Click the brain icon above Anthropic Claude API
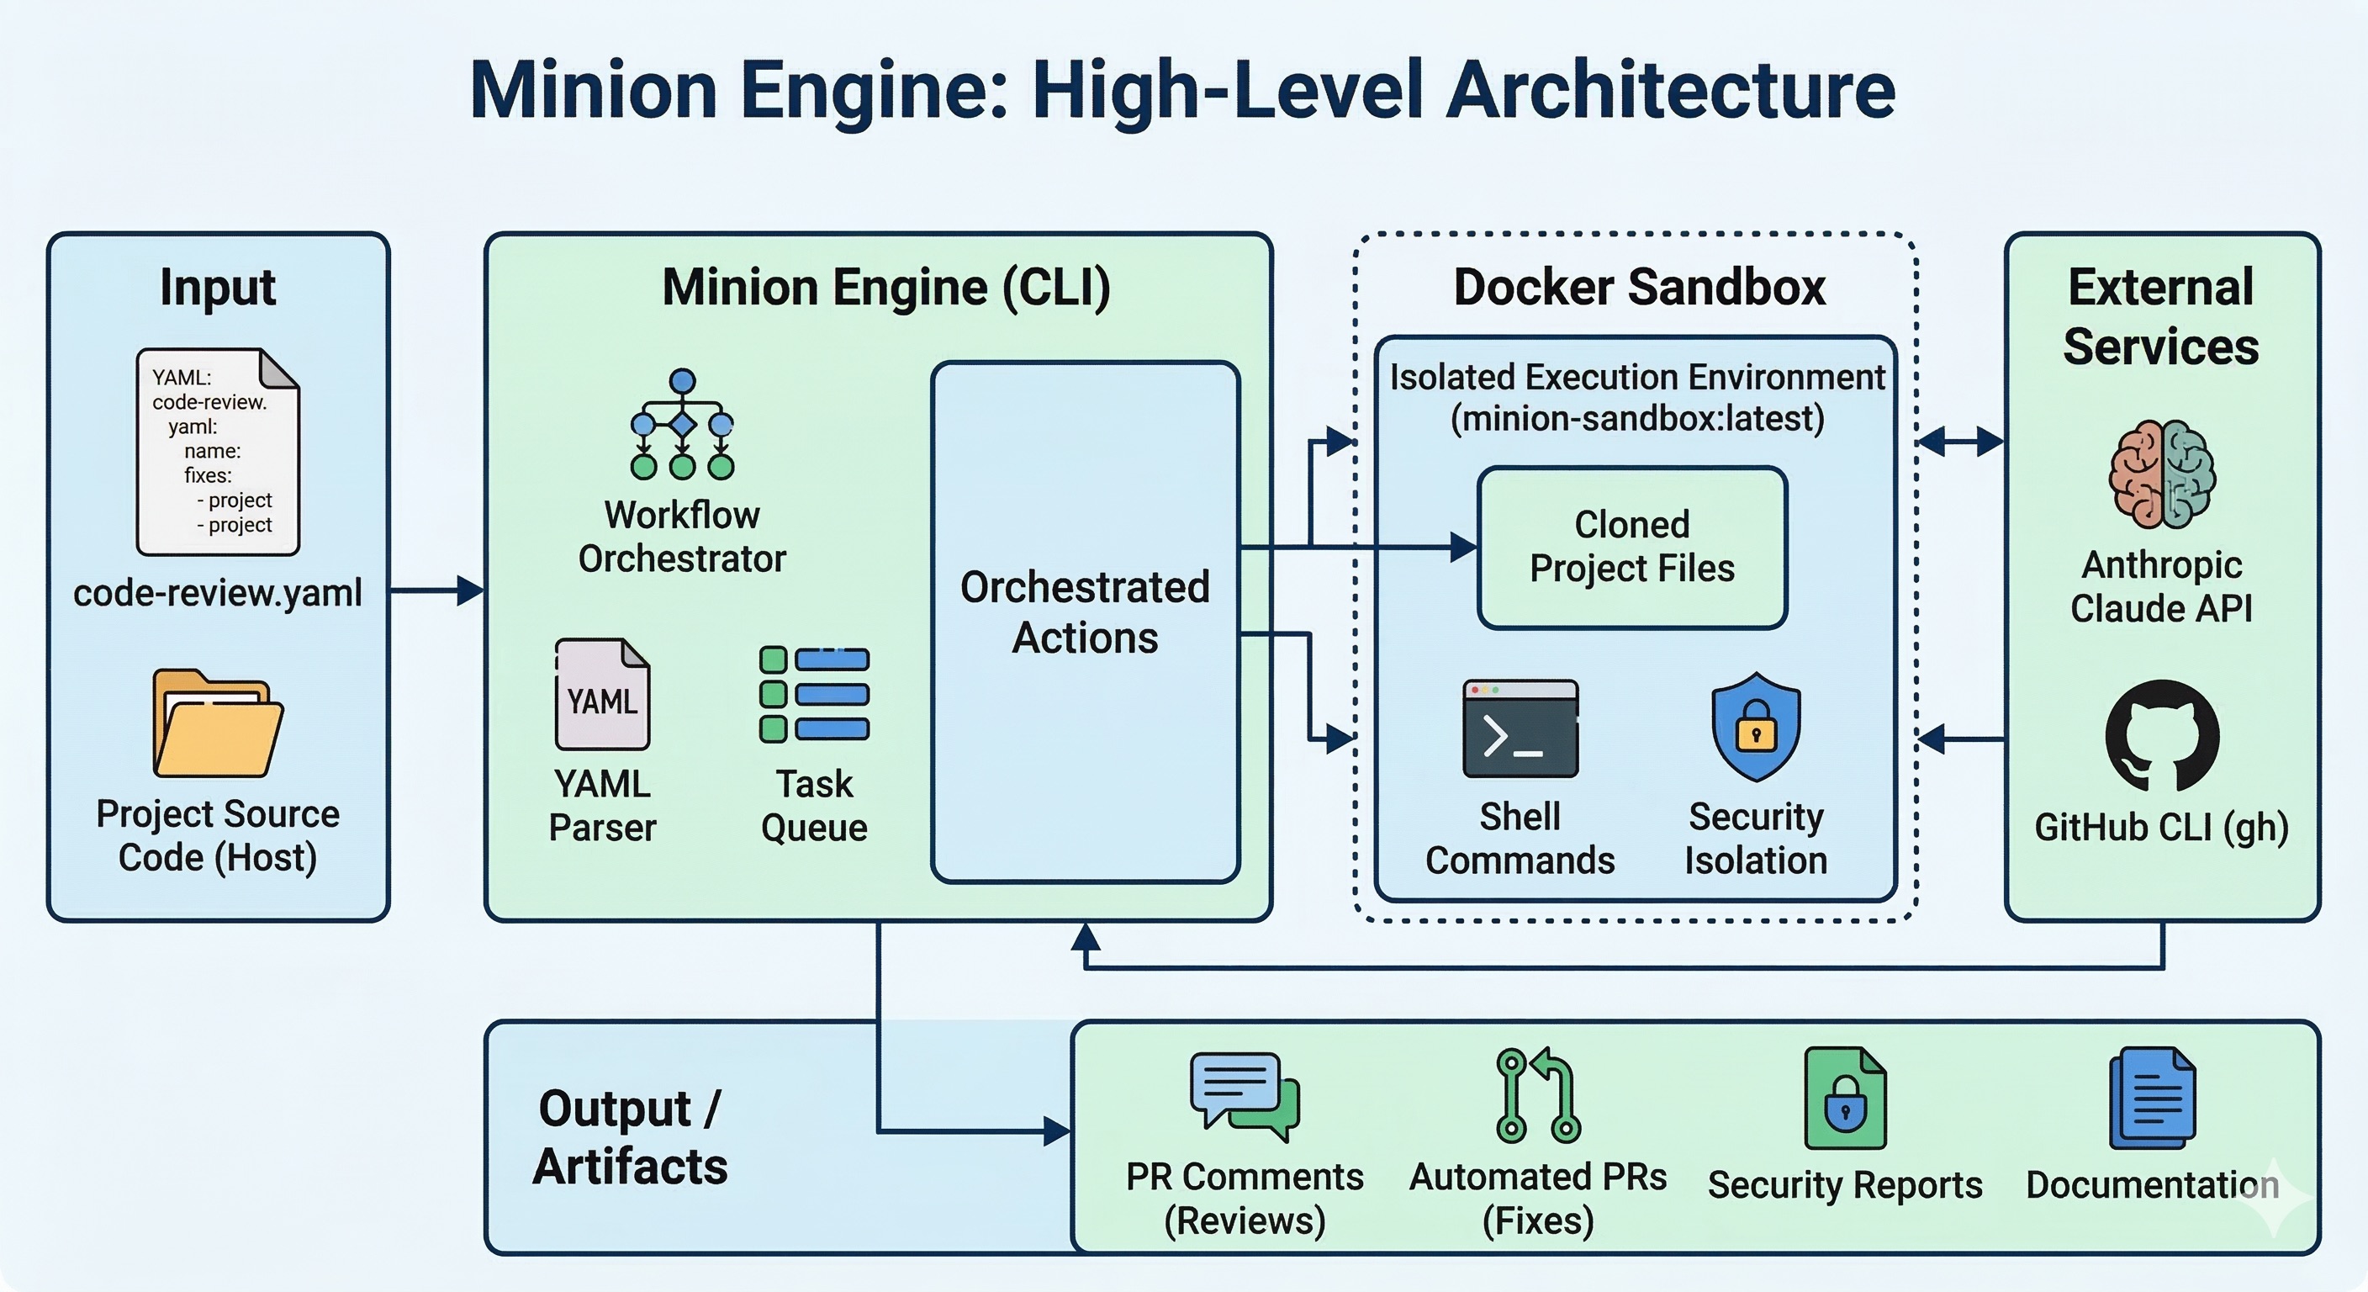(2162, 474)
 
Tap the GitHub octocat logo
(2162, 736)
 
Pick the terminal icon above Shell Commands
(1520, 728)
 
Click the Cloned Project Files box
(1631, 547)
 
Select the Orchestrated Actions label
(1085, 612)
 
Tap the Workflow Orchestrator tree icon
(682, 425)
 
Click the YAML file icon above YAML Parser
(602, 694)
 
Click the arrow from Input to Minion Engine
(436, 590)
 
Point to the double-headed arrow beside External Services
(1961, 442)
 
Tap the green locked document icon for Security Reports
(1845, 1098)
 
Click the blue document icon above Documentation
(2152, 1098)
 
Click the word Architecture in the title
(1670, 90)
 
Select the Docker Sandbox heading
(1639, 287)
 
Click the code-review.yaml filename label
(218, 593)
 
